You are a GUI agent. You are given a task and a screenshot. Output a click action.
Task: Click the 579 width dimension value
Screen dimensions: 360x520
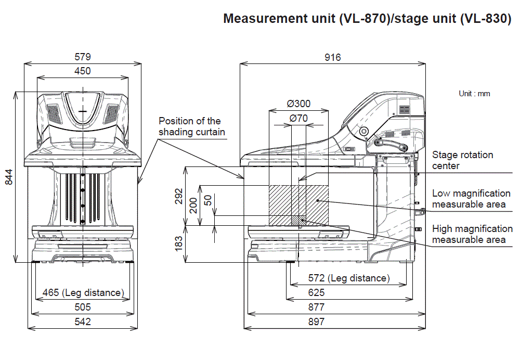pos(83,57)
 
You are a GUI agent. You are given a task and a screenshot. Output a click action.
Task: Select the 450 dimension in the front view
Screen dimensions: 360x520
pos(83,71)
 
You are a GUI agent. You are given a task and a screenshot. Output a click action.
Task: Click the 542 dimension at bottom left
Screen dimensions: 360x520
pos(83,322)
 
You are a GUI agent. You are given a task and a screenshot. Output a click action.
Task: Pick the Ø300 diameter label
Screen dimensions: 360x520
pos(298,104)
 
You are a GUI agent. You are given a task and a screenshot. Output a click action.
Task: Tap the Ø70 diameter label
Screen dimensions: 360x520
pos(298,118)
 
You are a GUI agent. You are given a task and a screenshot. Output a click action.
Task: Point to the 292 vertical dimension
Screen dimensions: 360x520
pos(179,196)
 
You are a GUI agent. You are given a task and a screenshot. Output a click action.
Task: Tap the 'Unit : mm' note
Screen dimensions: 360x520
pos(474,94)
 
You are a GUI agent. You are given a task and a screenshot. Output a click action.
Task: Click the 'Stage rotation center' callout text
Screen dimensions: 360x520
pos(462,160)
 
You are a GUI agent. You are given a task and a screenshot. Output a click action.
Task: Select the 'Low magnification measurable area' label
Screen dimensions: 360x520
pos(471,199)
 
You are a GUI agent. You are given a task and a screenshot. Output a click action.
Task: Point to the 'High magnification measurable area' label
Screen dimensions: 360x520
pos(472,234)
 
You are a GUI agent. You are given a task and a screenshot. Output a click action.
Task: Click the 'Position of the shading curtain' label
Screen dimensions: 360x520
pos(192,126)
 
